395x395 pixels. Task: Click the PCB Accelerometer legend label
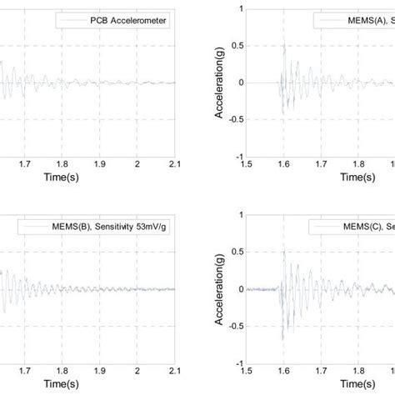pos(126,20)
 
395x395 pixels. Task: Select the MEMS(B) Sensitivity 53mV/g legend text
pos(97,226)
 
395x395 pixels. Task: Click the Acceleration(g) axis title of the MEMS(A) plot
pos(220,82)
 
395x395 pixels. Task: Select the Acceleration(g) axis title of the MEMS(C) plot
pos(220,288)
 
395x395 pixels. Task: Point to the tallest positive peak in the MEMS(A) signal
pos(284,44)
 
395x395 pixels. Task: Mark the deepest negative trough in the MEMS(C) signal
pos(282,339)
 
